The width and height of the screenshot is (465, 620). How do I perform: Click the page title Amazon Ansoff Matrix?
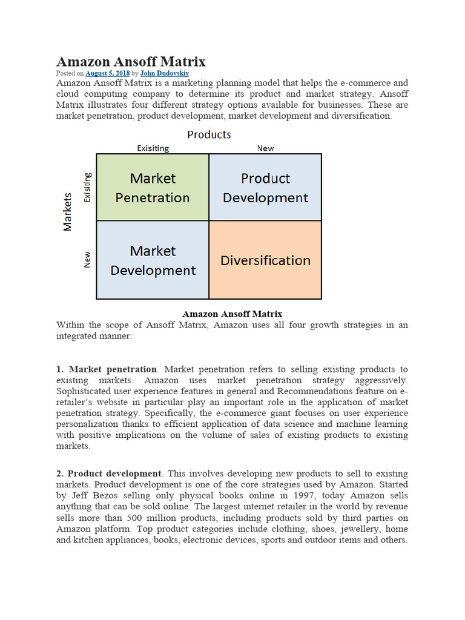point(131,61)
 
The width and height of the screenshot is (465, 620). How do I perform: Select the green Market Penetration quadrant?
point(153,188)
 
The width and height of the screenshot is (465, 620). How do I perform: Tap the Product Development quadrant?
point(265,188)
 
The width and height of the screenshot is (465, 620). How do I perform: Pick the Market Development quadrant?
point(153,260)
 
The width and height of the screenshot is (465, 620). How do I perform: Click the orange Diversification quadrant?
point(265,260)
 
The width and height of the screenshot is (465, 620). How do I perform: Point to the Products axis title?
point(209,134)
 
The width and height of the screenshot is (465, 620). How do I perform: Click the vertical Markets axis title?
point(68,211)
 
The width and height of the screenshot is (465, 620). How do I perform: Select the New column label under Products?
point(265,148)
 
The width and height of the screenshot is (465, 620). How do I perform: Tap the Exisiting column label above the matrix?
point(153,148)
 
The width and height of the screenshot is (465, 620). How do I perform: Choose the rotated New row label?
point(87,260)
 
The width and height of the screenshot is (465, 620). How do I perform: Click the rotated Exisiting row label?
point(87,188)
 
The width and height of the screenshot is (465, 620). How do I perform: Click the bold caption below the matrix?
point(232,314)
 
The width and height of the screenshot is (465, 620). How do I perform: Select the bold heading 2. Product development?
point(114,473)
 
